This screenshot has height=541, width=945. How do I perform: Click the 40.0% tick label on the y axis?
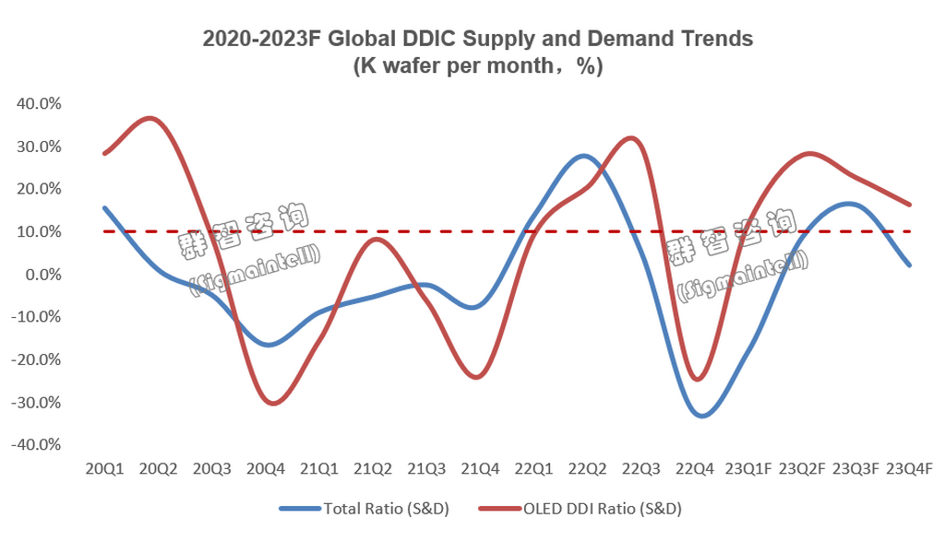pyautogui.click(x=40, y=104)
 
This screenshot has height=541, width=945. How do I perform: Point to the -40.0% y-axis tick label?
pyautogui.click(x=37, y=445)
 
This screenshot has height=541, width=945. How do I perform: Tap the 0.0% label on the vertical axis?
pyautogui.click(x=42, y=275)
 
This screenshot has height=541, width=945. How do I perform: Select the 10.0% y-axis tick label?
pyautogui.click(x=40, y=232)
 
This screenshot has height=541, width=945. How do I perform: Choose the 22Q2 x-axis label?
pyautogui.click(x=587, y=470)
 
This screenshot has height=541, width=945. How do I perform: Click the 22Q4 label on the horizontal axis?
pyautogui.click(x=694, y=470)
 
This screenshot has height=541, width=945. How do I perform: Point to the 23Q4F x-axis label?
pyautogui.click(x=909, y=470)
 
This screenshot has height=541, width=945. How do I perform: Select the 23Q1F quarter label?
pyautogui.click(x=748, y=470)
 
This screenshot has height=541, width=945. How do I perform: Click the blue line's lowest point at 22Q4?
pyautogui.click(x=702, y=416)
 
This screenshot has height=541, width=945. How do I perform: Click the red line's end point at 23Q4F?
pyautogui.click(x=910, y=205)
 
